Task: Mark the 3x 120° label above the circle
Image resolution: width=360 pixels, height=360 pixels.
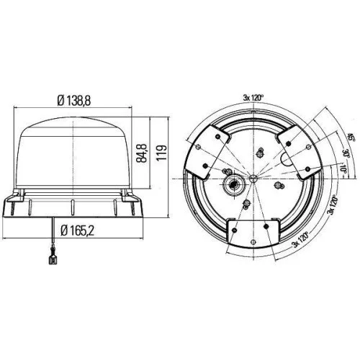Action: point(255,98)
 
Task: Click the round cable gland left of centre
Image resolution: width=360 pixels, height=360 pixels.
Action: point(234,186)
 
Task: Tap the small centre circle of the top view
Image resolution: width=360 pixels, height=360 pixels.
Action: point(253,176)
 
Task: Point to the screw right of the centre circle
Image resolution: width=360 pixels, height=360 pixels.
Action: point(276,186)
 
